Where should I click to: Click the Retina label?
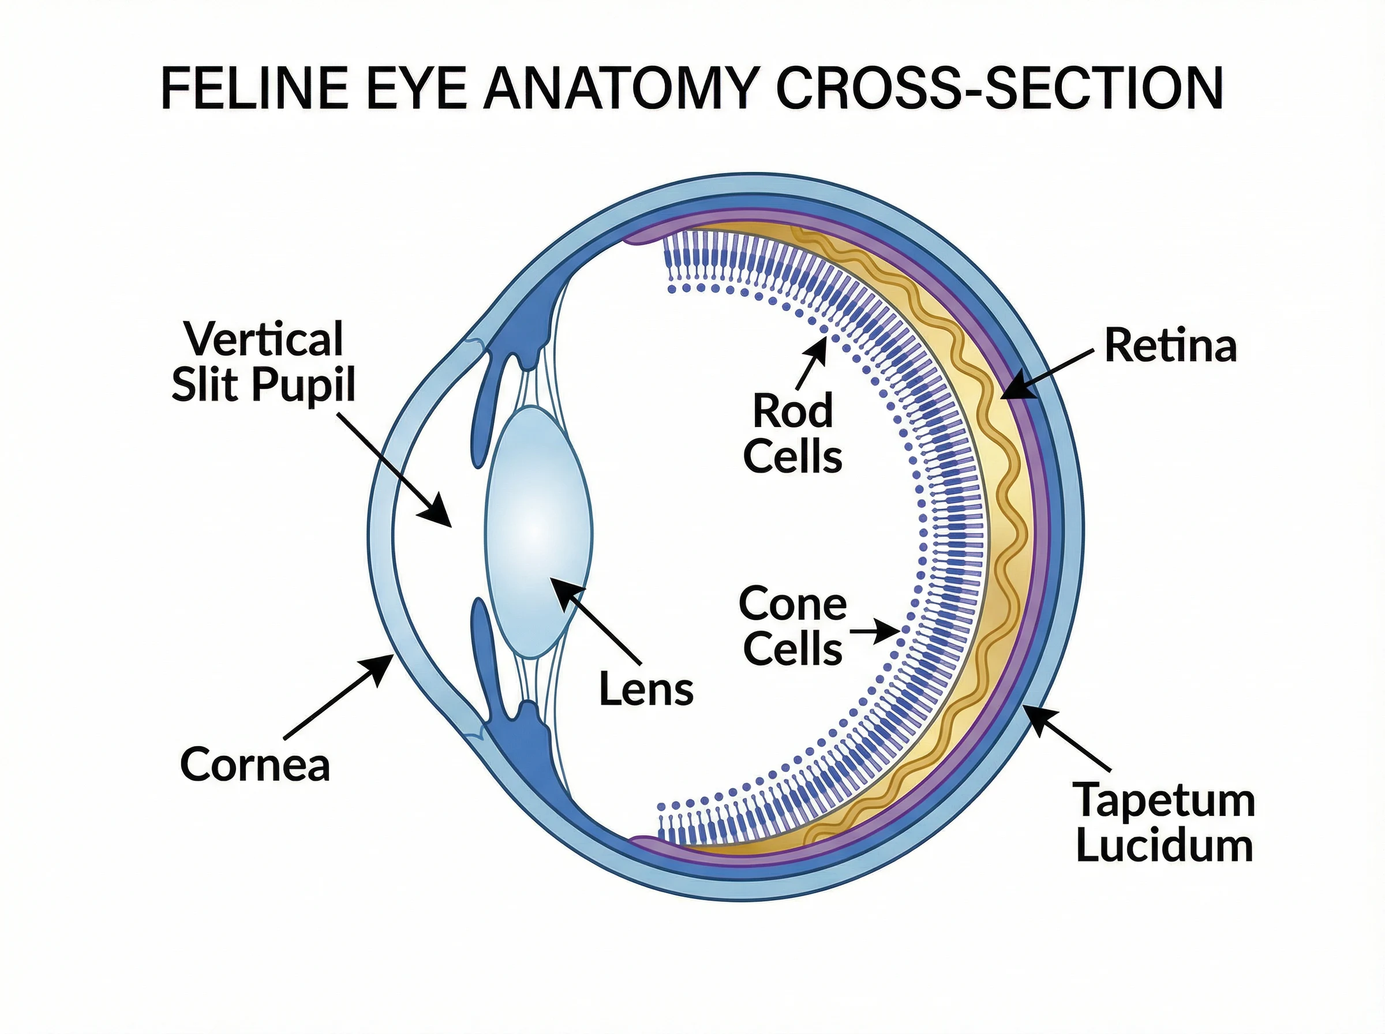[x=1170, y=346]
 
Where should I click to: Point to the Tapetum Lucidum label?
[x=1165, y=822]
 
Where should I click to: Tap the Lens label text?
[x=646, y=689]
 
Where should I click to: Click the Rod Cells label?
[x=792, y=433]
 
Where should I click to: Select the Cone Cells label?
[x=792, y=626]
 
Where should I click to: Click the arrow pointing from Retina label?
[x=1046, y=374]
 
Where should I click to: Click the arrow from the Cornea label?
[x=338, y=695]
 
